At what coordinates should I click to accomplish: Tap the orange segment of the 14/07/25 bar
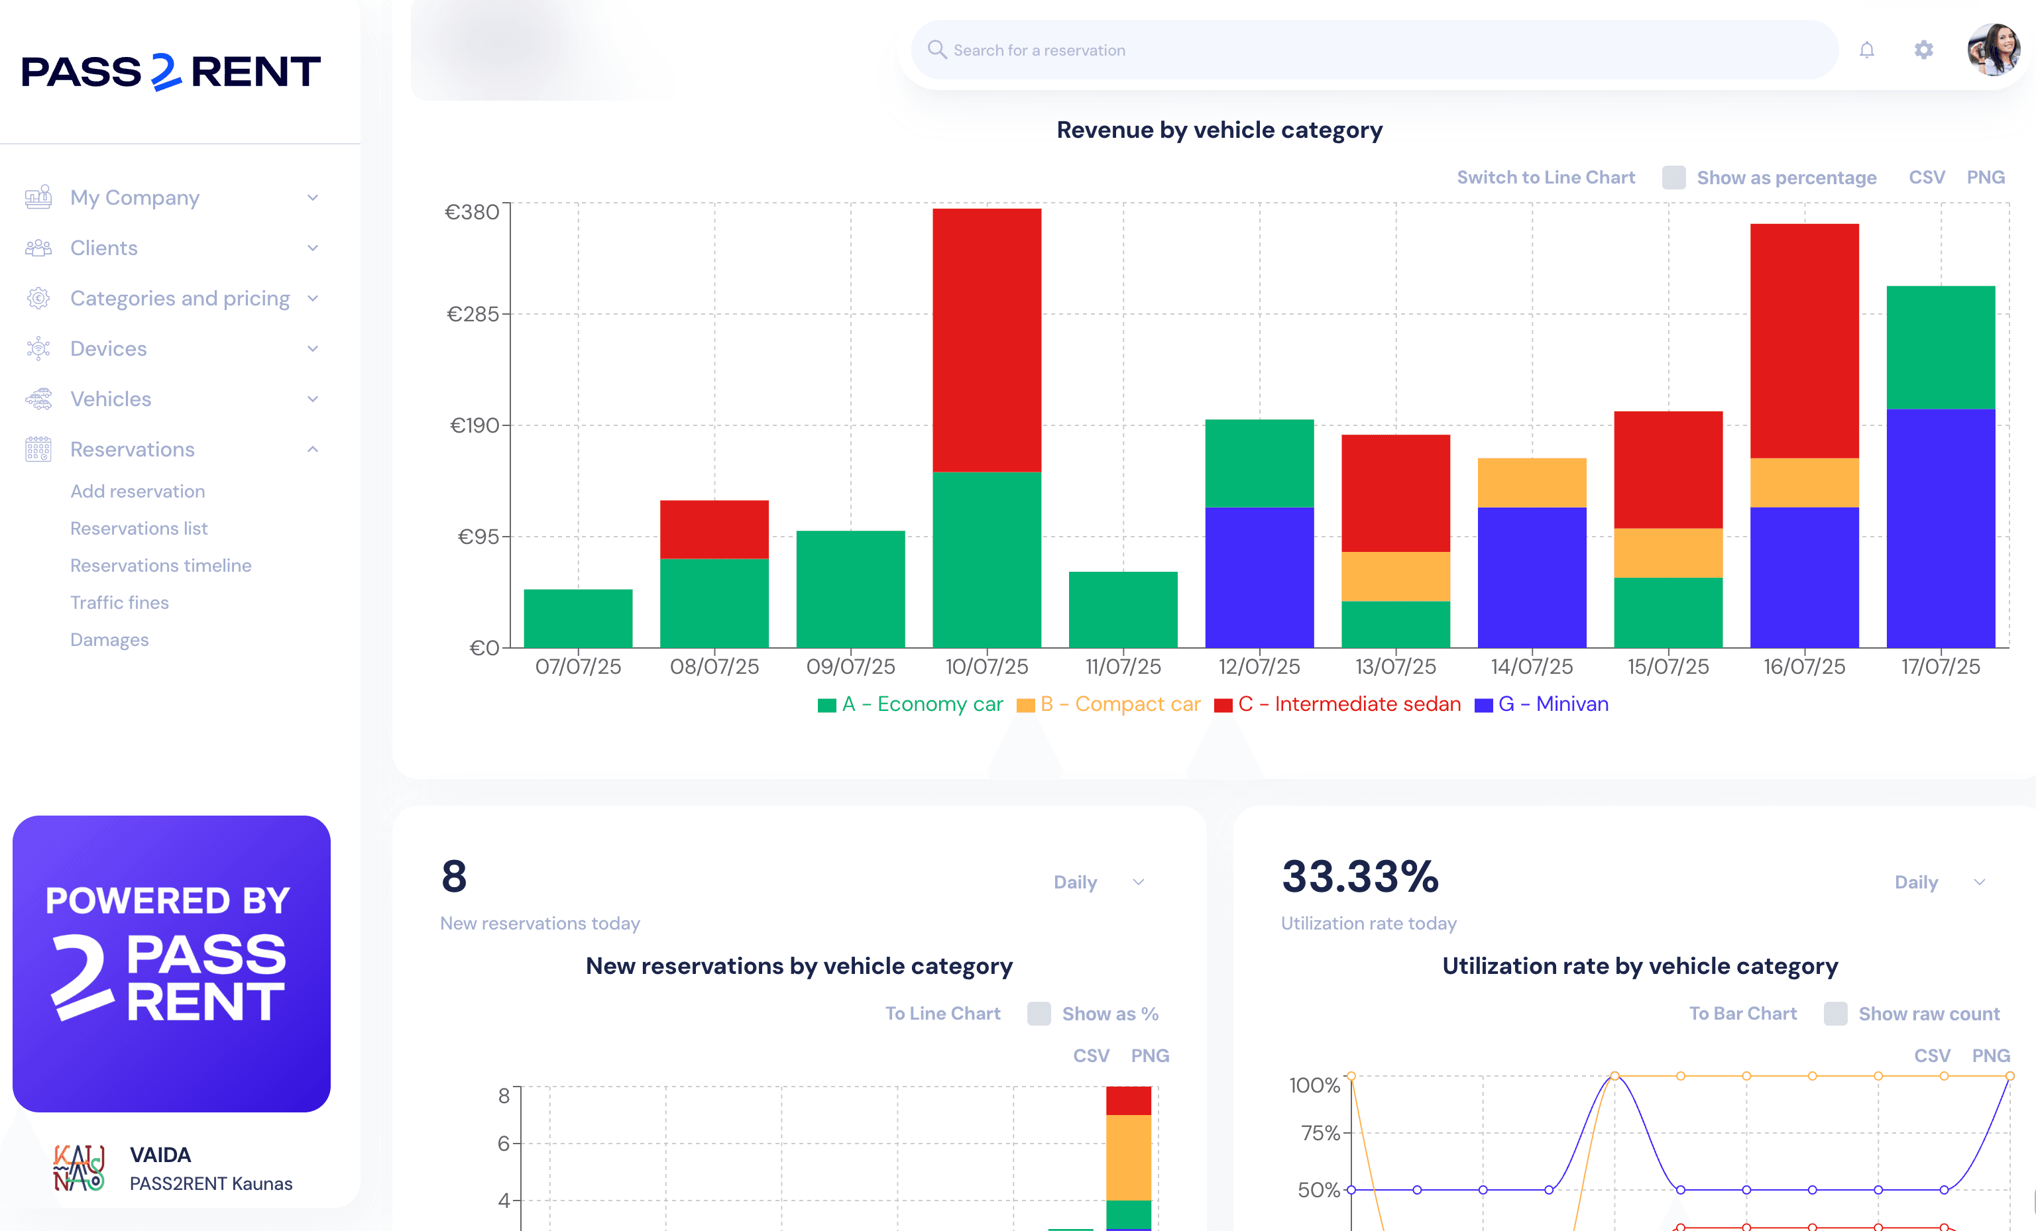(1531, 482)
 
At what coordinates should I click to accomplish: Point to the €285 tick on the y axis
(473, 314)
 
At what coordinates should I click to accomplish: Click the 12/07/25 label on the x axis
(1259, 667)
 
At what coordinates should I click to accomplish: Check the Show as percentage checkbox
(1673, 178)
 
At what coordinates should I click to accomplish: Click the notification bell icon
(1866, 50)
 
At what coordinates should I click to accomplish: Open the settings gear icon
(1923, 50)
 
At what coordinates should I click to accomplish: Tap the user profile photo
(1993, 50)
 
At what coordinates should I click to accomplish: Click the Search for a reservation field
(1372, 50)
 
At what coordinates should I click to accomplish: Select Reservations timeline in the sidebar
(160, 565)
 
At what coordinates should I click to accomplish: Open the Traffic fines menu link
(119, 602)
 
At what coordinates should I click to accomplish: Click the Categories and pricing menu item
(180, 298)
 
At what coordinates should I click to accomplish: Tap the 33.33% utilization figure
(1359, 877)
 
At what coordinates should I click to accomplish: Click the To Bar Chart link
(1742, 1014)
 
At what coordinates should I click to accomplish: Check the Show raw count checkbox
(1835, 1014)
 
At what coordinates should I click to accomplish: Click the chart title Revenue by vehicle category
(1219, 130)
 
